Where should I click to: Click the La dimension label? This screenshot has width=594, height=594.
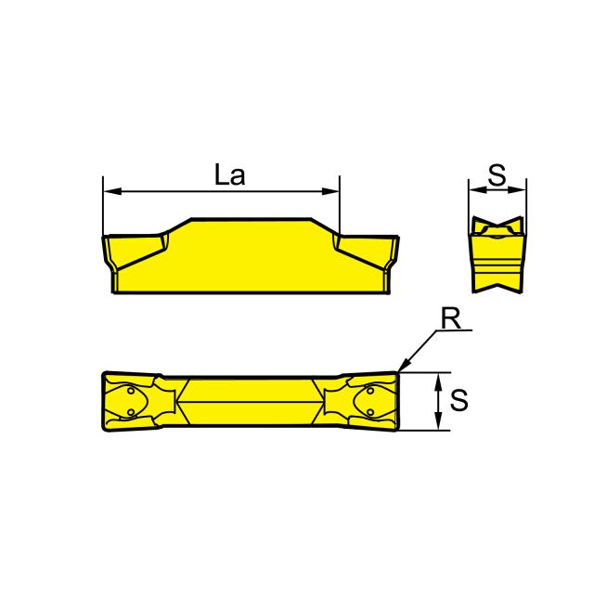[228, 175]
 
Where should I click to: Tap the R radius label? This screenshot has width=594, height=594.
[451, 317]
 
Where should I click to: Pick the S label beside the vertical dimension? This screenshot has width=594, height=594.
[458, 401]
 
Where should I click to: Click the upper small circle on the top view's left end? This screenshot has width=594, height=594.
[129, 394]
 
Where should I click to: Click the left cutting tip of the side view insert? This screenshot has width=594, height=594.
[105, 239]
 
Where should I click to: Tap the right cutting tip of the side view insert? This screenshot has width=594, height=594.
[398, 239]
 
